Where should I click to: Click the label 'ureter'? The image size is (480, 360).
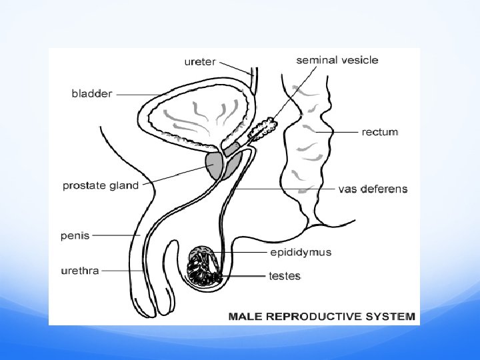[x=199, y=62]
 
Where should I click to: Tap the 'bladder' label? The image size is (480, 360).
[x=92, y=94]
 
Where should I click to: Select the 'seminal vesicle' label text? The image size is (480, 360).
[x=337, y=60]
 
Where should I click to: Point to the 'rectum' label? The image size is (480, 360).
[x=380, y=132]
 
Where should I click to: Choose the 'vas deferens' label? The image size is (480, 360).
[x=373, y=189]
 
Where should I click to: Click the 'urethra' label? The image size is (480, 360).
[x=81, y=271]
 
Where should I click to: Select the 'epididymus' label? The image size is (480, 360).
[x=300, y=252]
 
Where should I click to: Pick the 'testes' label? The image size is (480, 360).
[x=284, y=275]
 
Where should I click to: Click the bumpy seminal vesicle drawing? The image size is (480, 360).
[x=263, y=129]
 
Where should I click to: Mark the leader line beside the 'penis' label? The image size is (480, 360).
[x=115, y=235]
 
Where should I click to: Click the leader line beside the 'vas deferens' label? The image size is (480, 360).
[x=287, y=189]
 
